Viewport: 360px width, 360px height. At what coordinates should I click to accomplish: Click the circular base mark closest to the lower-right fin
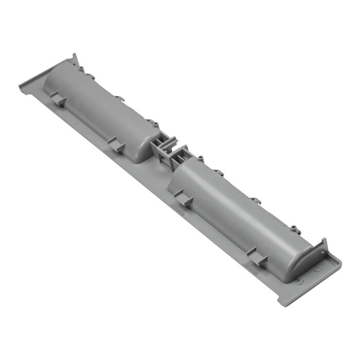316,267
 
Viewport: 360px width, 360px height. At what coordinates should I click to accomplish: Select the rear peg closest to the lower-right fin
294,227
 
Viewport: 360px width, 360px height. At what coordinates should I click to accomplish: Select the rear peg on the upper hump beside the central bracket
152,123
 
